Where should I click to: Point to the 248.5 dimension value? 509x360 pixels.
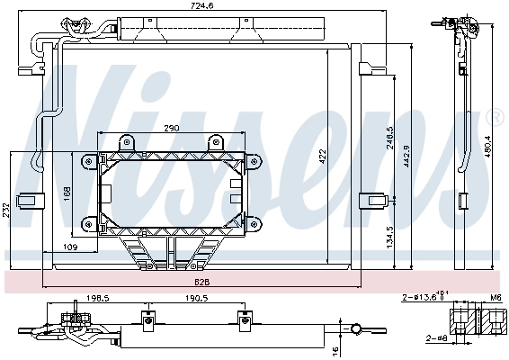[x=389, y=141]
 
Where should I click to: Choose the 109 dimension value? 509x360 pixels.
[x=70, y=247]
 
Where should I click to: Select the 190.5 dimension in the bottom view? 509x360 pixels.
[x=195, y=299]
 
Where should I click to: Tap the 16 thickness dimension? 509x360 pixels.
[x=335, y=350]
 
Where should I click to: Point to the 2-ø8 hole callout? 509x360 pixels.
[x=437, y=339]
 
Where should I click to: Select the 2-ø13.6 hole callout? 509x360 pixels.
[x=423, y=296]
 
